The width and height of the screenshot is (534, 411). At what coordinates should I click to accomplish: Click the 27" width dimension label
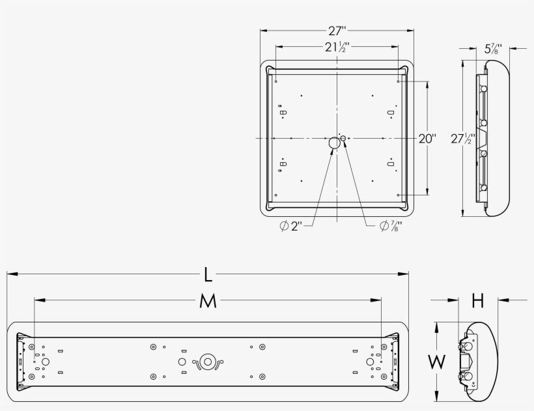tap(337, 30)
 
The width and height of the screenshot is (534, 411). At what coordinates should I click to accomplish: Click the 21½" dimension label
tap(337, 46)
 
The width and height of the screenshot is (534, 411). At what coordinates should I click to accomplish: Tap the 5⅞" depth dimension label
tap(493, 48)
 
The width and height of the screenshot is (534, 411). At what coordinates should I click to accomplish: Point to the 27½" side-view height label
tap(463, 138)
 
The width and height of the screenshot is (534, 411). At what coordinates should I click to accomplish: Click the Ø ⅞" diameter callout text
tap(390, 226)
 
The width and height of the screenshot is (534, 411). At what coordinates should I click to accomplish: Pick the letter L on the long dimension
tap(208, 275)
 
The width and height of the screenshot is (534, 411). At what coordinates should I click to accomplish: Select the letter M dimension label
tap(208, 301)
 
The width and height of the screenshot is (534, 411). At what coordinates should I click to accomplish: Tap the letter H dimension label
tap(478, 300)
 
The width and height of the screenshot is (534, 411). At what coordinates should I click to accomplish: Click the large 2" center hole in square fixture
tap(334, 141)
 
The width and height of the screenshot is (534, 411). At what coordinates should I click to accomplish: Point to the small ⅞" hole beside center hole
tap(343, 139)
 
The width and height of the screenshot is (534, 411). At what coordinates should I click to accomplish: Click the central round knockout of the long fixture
tap(208, 361)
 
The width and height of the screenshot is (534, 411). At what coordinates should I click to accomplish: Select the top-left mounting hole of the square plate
tap(277, 81)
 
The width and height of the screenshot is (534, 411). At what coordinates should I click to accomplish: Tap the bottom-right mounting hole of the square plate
tap(399, 194)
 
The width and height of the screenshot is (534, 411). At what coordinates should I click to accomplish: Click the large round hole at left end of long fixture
tap(46, 361)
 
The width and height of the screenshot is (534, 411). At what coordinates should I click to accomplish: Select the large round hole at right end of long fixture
tap(370, 361)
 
